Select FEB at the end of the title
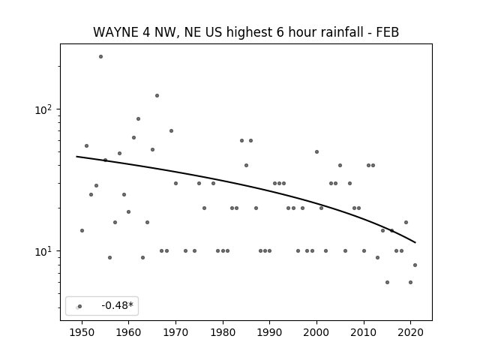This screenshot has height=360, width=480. (x=388, y=32)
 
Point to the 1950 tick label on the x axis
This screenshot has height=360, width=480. (x=82, y=332)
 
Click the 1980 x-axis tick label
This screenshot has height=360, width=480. (x=223, y=332)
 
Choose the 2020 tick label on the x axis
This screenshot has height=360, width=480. (x=411, y=332)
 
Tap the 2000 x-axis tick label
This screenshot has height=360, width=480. (x=316, y=332)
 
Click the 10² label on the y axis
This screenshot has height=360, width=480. (x=43, y=109)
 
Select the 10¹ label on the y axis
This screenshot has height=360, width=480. (x=43, y=251)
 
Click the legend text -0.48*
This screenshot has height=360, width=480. (x=118, y=305)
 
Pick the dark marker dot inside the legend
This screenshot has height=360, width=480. (x=80, y=306)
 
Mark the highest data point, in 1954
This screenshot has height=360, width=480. (x=100, y=57)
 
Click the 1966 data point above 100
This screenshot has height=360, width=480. (x=157, y=95)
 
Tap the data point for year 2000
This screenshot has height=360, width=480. (x=316, y=151)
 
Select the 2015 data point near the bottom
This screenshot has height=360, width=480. (x=387, y=282)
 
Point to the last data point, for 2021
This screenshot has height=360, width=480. (x=415, y=265)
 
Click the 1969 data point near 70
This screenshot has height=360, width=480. (x=172, y=130)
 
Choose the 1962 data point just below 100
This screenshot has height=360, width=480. (x=138, y=118)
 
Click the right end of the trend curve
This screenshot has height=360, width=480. (x=415, y=243)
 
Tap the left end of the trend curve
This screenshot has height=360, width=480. (x=76, y=157)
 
